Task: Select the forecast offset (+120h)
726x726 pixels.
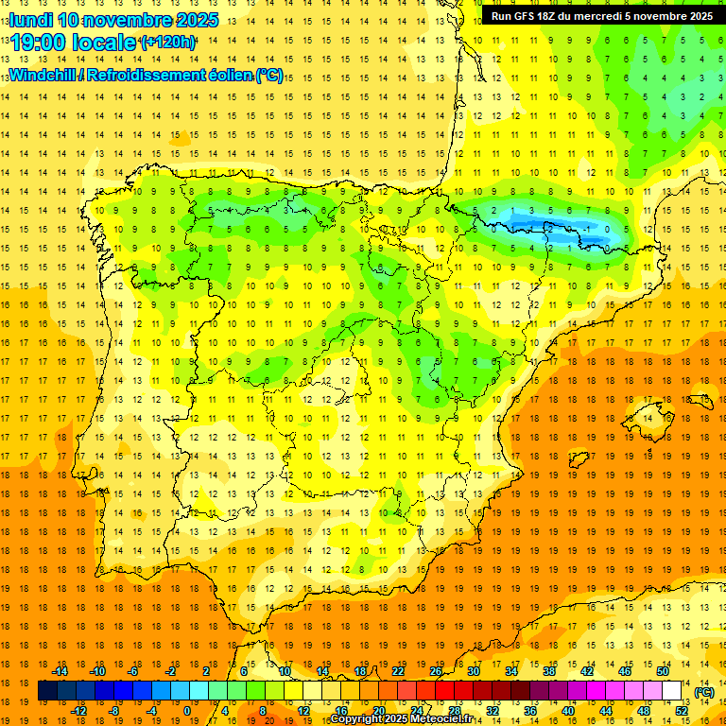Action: point(168,43)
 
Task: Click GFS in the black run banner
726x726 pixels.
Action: point(527,16)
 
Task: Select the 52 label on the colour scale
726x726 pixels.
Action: point(682,711)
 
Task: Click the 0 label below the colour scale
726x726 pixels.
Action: point(187,711)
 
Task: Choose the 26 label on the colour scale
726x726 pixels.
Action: point(436,671)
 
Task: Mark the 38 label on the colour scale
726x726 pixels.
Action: point(549,671)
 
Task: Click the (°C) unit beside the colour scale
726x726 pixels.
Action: point(703,692)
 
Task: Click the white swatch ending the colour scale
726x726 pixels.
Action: point(672,691)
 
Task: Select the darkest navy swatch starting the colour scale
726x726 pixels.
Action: point(48,691)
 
